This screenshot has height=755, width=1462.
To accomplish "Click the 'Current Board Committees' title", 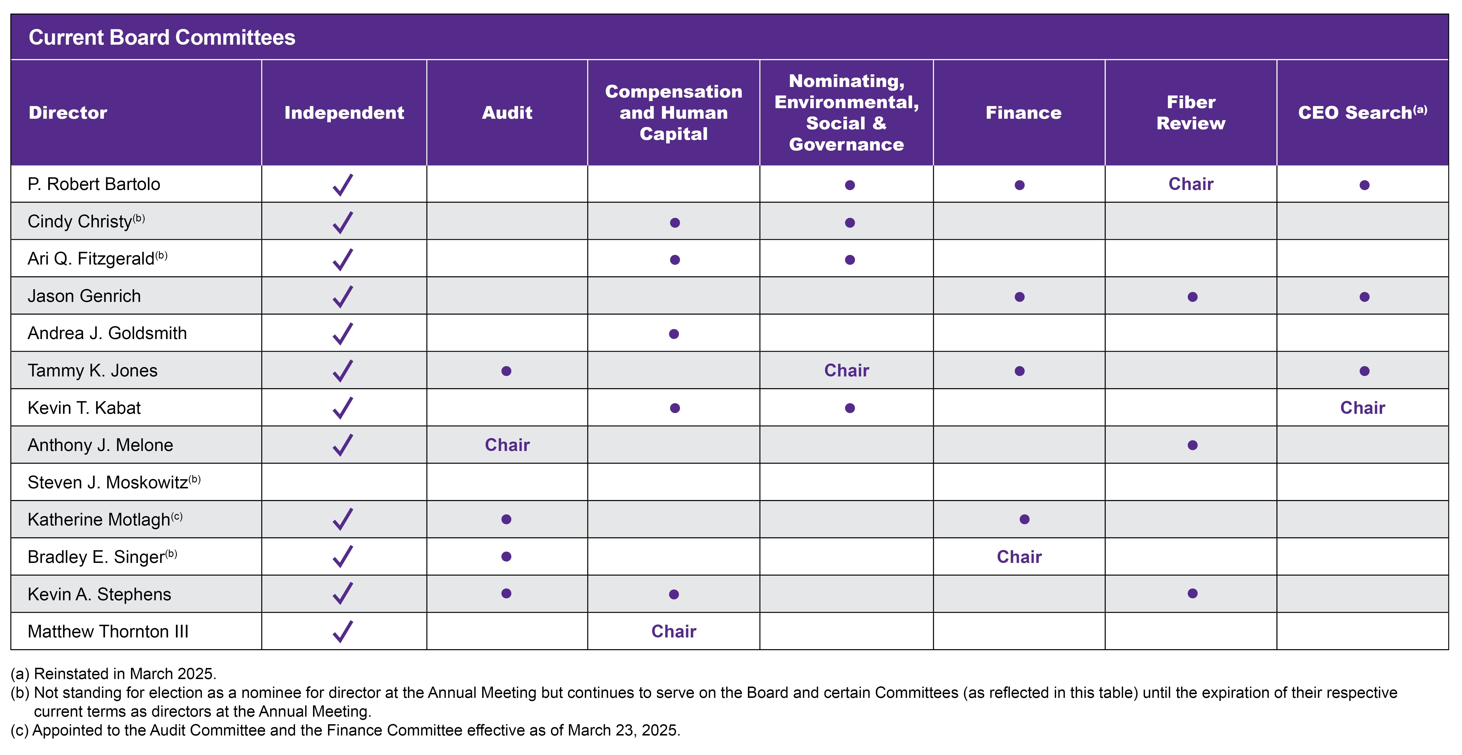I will (162, 37).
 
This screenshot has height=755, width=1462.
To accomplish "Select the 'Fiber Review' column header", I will (1191, 112).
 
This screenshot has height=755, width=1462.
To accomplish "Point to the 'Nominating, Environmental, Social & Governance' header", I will (846, 112).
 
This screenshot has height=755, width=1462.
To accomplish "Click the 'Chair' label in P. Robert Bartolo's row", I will (1191, 184).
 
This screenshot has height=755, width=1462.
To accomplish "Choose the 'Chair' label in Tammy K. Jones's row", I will (846, 370).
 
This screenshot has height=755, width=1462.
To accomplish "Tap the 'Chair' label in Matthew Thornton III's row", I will (674, 631).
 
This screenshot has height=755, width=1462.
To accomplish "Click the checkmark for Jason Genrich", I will (343, 296).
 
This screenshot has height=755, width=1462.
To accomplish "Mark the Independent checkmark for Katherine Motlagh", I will (343, 519).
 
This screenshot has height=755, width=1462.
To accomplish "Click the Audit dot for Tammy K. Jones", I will (506, 371).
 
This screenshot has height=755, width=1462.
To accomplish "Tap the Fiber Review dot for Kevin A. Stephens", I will (1192, 593).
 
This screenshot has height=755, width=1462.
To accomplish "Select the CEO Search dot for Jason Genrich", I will (1364, 297).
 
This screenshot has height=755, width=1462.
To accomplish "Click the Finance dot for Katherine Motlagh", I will (1025, 519).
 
